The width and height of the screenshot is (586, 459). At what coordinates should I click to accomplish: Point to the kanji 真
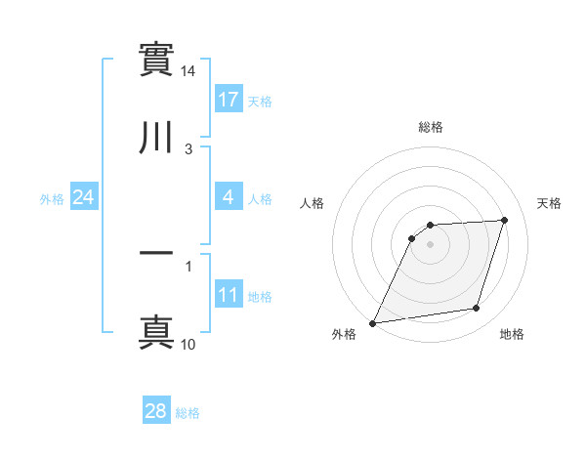point(156,331)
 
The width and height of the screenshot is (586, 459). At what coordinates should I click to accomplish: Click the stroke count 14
point(188,72)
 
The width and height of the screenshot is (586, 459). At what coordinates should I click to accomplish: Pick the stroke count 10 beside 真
point(188,345)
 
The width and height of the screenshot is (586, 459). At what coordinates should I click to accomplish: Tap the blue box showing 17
point(229,100)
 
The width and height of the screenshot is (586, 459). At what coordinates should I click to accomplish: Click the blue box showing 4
point(229,197)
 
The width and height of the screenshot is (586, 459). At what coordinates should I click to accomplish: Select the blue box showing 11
point(229,295)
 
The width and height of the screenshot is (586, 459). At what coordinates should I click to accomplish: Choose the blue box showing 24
point(84,197)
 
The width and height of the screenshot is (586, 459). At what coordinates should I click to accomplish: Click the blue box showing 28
point(156,412)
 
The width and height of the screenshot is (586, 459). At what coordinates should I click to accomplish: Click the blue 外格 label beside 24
point(52,199)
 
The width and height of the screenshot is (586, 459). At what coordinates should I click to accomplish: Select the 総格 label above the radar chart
point(431,127)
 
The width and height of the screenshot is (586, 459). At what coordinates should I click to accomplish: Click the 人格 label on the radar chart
point(313,203)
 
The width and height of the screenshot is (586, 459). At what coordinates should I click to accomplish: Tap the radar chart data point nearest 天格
point(505,220)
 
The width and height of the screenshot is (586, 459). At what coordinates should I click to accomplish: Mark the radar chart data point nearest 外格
point(373,323)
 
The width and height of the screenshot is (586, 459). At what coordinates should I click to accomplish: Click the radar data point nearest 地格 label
point(477,309)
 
